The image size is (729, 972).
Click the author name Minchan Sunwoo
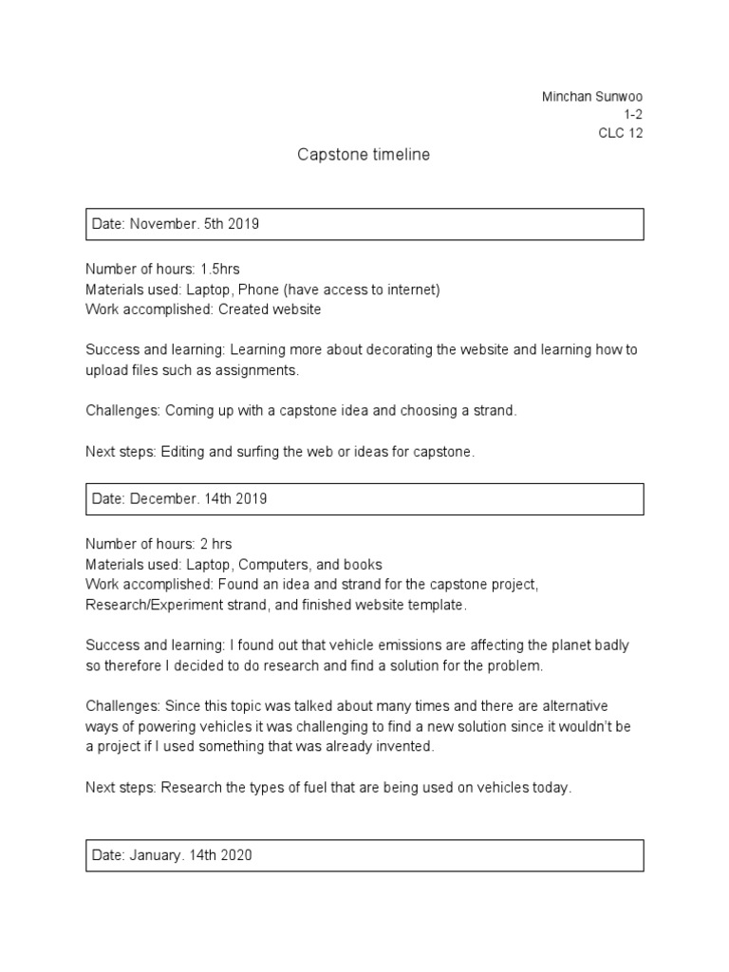click(591, 97)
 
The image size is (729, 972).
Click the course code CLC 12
click(620, 133)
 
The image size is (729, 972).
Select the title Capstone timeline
click(364, 155)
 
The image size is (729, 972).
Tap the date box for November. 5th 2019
click(364, 225)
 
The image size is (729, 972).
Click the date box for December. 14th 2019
click(364, 499)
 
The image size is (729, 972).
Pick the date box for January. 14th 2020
click(364, 855)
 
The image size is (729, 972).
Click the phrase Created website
click(270, 309)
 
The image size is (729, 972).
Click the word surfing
click(252, 452)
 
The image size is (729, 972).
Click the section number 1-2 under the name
click(633, 115)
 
